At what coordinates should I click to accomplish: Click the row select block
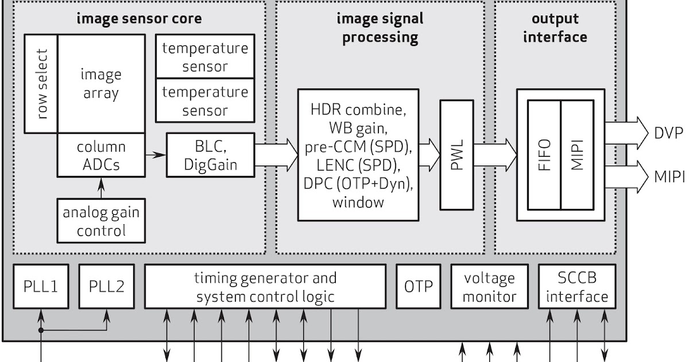(40, 83)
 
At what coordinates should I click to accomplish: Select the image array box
(100, 83)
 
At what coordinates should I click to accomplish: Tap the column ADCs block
(100, 155)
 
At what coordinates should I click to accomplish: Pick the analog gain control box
(100, 221)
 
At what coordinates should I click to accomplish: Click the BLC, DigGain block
(210, 155)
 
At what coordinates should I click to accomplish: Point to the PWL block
(456, 154)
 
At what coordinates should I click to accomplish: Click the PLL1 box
(41, 286)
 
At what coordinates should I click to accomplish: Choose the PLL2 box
(106, 286)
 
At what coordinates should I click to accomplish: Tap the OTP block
(418, 286)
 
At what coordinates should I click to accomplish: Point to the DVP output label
(669, 133)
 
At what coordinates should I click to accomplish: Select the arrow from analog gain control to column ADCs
(101, 187)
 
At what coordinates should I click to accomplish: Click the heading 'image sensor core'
(140, 18)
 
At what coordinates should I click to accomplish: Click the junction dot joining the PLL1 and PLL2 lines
(41, 330)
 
